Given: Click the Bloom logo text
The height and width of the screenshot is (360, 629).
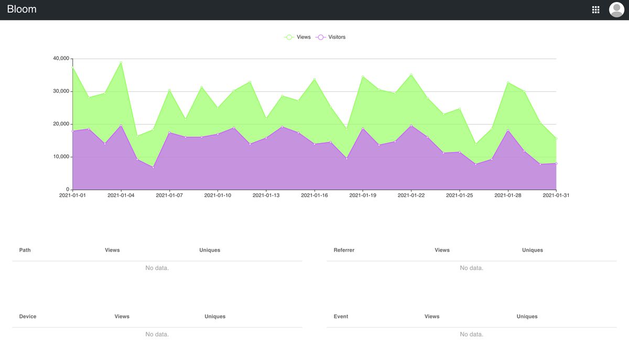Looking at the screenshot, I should tap(21, 9).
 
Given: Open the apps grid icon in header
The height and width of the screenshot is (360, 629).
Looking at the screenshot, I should tap(595, 9).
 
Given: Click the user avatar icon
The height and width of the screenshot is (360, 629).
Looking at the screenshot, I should tap(616, 9).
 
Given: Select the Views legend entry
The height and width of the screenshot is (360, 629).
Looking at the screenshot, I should tap(298, 37).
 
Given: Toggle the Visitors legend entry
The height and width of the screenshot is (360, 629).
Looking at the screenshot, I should tap(331, 37).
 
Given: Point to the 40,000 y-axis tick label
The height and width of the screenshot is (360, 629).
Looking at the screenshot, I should tap(61, 59).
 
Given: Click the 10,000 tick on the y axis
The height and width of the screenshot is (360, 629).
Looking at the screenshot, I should tap(61, 157).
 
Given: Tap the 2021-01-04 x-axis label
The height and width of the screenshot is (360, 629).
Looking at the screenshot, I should tap(121, 195).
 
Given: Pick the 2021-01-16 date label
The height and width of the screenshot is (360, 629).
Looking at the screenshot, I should tap(314, 195).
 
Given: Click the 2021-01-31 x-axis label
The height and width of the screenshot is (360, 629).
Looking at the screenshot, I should tap(556, 195).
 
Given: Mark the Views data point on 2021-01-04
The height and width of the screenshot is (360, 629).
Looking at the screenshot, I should tap(121, 62).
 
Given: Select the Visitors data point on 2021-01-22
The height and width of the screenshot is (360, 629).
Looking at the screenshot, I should tap(411, 125).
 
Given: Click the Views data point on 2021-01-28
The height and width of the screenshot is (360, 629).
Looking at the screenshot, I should tap(508, 82).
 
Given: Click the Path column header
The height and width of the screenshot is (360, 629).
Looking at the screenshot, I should tap(25, 250).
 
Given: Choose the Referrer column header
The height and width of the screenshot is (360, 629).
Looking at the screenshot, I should tap(344, 250).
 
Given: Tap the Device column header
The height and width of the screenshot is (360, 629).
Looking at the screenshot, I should tap(28, 317).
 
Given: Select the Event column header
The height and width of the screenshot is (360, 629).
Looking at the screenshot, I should tap(341, 317).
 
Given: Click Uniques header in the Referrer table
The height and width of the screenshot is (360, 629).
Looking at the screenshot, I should tap(532, 250).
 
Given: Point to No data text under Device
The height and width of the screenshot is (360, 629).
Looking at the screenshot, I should tap(157, 334).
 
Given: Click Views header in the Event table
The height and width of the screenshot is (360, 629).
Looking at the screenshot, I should tap(432, 317).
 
